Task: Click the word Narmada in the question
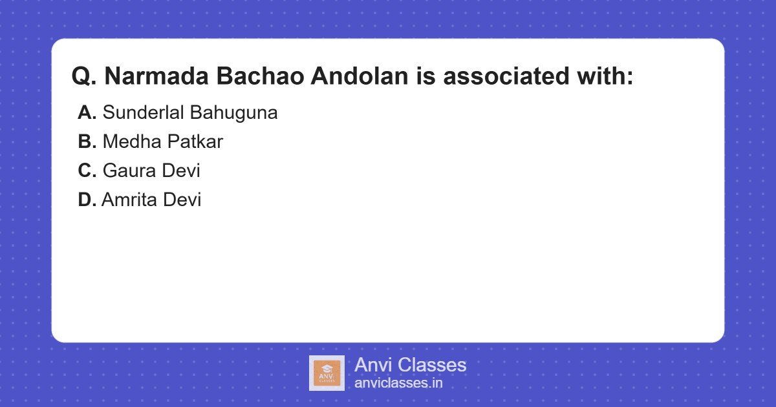(x=157, y=77)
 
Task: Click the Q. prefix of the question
(x=84, y=77)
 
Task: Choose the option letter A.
(x=87, y=113)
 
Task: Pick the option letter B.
(x=87, y=142)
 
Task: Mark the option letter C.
(x=87, y=171)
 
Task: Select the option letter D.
(x=87, y=200)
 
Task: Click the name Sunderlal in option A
(x=144, y=113)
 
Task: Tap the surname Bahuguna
(x=234, y=113)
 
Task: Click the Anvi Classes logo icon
(x=327, y=373)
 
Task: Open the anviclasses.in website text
(x=398, y=383)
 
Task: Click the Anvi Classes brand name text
(x=410, y=365)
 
